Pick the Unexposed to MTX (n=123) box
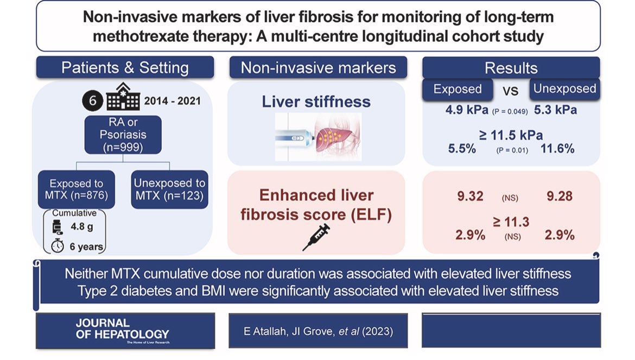click(x=169, y=190)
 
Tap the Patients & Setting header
click(x=125, y=68)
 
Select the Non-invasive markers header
click(x=318, y=68)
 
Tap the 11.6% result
click(x=557, y=148)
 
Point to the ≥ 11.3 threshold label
click(x=511, y=221)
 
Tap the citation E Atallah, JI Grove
click(x=318, y=330)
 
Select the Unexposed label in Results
click(x=564, y=89)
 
